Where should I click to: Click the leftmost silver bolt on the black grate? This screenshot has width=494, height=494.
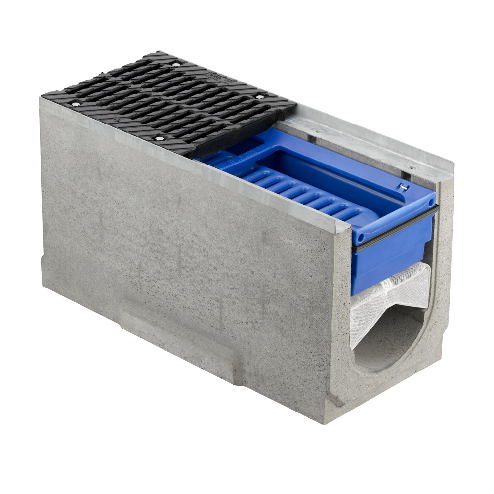75,104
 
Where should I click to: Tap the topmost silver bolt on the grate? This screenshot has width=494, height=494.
176,64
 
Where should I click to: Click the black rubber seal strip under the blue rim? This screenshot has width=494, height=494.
395,231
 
